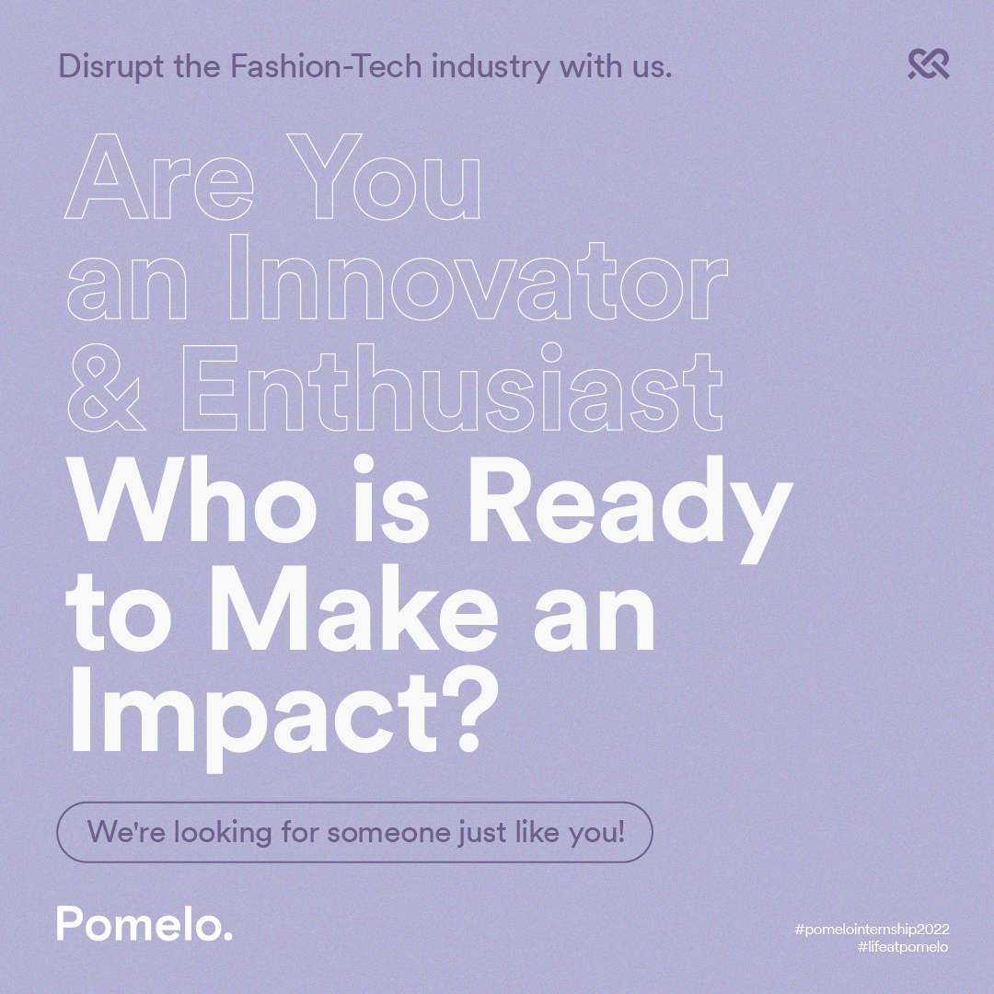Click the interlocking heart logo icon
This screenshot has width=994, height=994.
point(929,64)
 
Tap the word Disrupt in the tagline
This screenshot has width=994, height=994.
point(111,67)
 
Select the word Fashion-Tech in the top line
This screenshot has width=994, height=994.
point(325,66)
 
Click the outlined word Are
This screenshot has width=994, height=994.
point(159,177)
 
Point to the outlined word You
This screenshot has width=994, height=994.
point(384,177)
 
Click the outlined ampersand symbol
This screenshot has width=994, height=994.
point(106,388)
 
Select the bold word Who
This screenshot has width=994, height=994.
point(191,500)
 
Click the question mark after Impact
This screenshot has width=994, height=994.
point(469,711)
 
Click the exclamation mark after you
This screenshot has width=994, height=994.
point(621,831)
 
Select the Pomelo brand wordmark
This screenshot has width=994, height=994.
point(144,924)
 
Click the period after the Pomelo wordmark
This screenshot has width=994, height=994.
point(227,936)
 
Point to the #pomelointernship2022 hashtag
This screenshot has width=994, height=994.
point(872,930)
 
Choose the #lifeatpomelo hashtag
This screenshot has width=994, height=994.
point(904,947)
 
